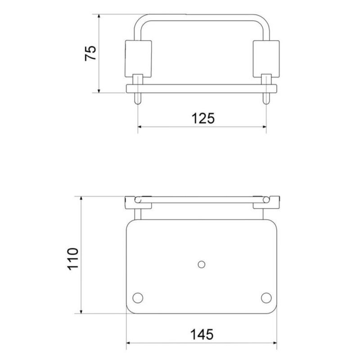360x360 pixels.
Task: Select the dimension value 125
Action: tap(202, 118)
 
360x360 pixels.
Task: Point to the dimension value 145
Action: tap(201, 335)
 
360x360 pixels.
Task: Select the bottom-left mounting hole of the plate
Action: tap(138, 297)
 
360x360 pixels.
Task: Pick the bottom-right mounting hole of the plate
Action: tap(266, 297)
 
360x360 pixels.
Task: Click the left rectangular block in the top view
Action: tap(138, 58)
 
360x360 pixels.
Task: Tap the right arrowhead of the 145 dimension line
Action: tap(274, 344)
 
